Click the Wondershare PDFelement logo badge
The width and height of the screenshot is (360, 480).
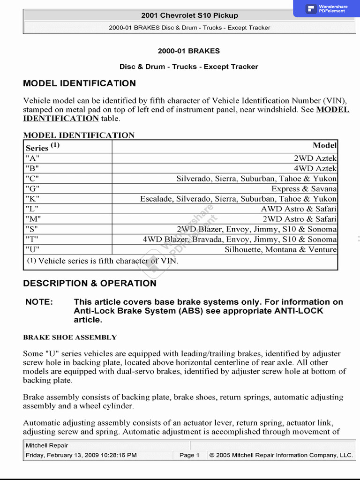coord(327,8)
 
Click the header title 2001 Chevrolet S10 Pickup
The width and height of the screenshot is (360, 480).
coord(190,15)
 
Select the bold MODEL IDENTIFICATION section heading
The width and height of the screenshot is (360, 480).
coord(79,83)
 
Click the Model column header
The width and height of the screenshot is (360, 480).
coord(324,145)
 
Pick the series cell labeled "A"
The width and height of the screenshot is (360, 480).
coord(32,158)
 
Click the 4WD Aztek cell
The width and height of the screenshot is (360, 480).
coord(315,168)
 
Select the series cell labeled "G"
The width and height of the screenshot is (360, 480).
coord(32,189)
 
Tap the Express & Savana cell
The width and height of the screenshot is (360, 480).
coord(304,189)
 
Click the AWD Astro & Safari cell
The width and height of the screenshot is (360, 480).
coord(299,209)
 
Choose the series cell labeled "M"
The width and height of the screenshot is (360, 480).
coord(33,219)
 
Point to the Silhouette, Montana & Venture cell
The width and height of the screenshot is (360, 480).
coord(280,249)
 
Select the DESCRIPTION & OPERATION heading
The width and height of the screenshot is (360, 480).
coord(90,283)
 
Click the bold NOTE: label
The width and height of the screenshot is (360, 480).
coord(39,302)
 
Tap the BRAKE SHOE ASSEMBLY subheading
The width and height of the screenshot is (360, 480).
coord(70,337)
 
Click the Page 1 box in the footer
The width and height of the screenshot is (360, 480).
coord(189,455)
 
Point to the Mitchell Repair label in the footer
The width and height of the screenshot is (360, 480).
coord(47,445)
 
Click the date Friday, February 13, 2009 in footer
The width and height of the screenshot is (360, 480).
coord(81,455)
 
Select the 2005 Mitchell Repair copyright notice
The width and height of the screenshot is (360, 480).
coord(281,455)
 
